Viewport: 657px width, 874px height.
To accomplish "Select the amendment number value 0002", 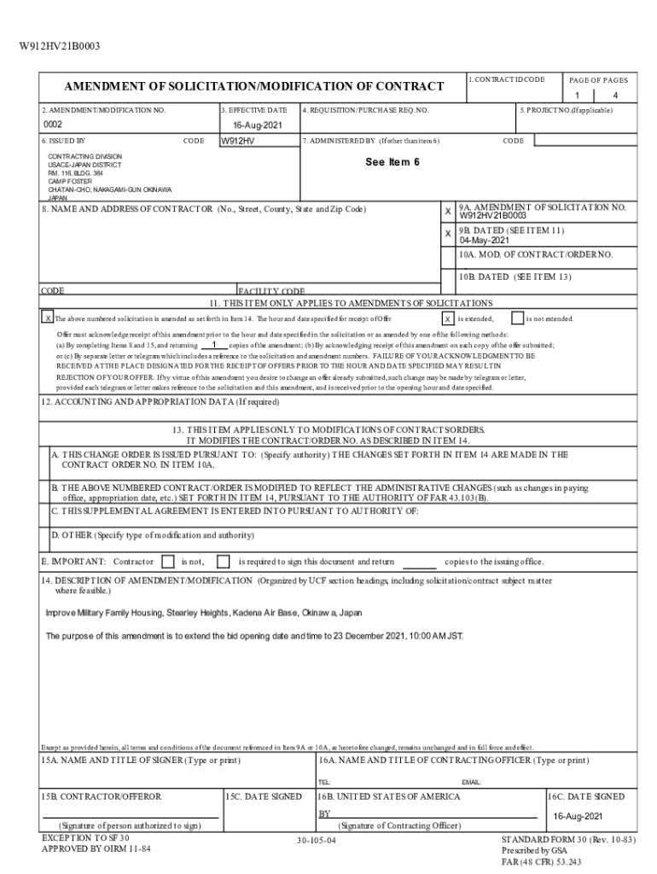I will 54,125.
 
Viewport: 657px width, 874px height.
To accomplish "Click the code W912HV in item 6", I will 238,141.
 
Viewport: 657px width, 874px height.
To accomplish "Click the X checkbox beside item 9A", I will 448,211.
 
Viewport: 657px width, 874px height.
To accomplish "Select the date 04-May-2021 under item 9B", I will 485,241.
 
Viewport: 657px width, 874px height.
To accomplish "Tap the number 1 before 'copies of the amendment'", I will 213,345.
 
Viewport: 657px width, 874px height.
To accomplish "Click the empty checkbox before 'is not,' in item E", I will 166,562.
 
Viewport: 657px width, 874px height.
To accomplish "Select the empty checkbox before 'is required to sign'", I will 223,562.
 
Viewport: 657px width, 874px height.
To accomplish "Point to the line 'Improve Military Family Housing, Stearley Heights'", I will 203,613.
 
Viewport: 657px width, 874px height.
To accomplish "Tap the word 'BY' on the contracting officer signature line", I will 324,813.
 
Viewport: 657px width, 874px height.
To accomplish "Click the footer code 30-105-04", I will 316,842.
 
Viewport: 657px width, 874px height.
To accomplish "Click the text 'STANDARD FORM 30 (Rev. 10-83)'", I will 568,839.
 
